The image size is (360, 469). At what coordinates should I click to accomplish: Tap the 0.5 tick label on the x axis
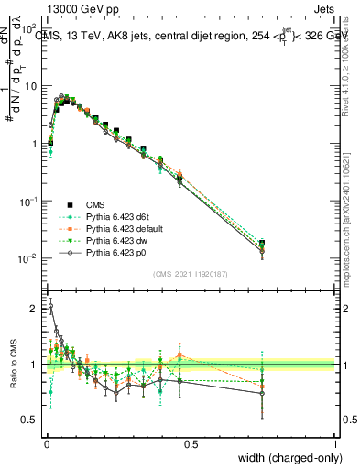click(x=191, y=442)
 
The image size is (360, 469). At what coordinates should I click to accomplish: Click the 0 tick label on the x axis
click(x=46, y=442)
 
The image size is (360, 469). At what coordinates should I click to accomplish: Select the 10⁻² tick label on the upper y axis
click(x=29, y=258)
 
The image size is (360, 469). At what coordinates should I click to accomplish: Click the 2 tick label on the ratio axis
click(x=34, y=309)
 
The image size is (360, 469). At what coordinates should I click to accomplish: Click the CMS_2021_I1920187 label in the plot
click(x=190, y=274)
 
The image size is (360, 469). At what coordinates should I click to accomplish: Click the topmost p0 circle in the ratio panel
click(x=51, y=306)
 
